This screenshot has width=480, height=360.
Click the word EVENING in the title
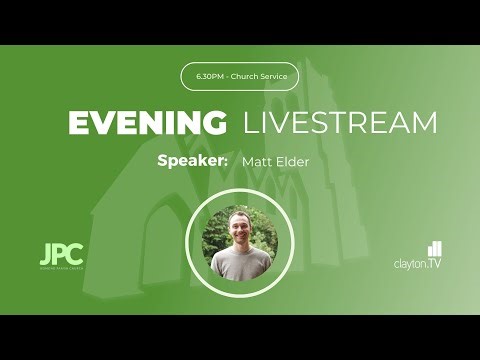pyautogui.click(x=146, y=123)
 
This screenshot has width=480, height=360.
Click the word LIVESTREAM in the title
pyautogui.click(x=341, y=123)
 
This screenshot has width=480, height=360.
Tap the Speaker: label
pyautogui.click(x=192, y=160)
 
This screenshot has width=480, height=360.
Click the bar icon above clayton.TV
pyautogui.click(x=434, y=248)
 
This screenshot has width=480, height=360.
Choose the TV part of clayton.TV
pyautogui.click(x=435, y=264)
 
